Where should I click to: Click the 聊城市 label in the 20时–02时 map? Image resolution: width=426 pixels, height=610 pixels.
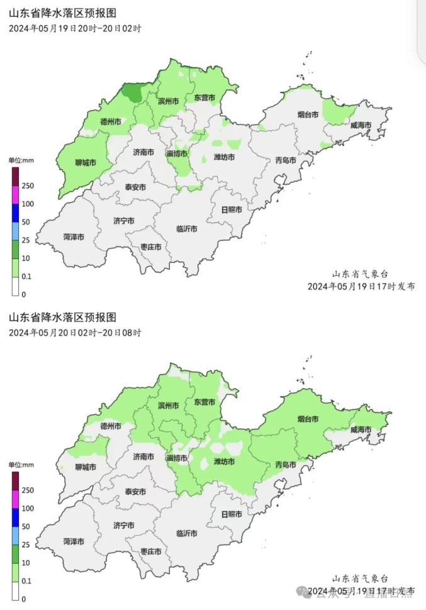click(85, 162)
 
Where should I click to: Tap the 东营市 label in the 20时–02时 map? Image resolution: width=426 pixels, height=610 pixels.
click(205, 98)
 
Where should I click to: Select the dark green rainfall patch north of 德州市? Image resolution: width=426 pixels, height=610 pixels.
click(132, 93)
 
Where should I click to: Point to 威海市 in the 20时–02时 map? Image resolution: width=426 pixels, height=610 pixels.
click(361, 125)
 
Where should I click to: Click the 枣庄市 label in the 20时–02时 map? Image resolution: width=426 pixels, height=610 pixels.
click(150, 247)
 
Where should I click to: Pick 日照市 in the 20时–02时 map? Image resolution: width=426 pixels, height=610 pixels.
click(232, 209)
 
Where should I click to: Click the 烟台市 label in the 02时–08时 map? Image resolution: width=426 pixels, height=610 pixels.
click(308, 419)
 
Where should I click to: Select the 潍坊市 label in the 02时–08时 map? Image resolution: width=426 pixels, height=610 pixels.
click(224, 462)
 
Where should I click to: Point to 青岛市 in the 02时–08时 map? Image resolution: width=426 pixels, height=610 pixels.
click(286, 465)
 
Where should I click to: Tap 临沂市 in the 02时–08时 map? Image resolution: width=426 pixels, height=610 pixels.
click(187, 533)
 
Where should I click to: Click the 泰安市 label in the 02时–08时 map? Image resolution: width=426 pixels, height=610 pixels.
click(135, 492)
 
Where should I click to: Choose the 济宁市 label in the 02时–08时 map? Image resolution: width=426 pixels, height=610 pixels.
click(123, 525)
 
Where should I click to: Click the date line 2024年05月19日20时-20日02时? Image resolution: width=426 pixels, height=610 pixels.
click(75, 28)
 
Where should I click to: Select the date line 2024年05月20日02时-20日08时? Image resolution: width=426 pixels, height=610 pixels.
click(75, 333)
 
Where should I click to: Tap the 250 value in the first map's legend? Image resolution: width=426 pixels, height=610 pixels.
click(28, 186)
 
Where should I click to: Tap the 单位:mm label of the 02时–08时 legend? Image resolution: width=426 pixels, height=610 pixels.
click(21, 465)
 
